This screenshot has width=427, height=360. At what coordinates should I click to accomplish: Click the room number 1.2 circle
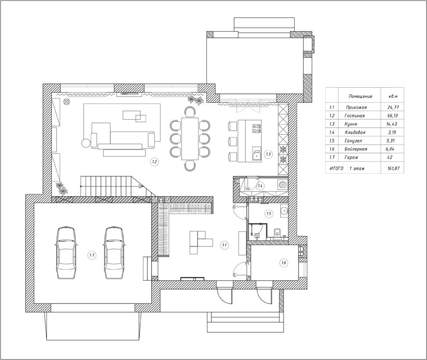click(154, 162)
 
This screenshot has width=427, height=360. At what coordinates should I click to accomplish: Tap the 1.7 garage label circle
click(92, 255)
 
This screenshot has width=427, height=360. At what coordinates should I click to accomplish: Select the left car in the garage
click(66, 253)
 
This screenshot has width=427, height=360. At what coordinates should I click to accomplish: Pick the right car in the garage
click(114, 253)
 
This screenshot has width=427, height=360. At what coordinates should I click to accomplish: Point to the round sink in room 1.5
click(284, 210)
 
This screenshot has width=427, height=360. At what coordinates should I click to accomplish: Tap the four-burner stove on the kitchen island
click(256, 128)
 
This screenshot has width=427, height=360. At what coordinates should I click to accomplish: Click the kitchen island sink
click(256, 154)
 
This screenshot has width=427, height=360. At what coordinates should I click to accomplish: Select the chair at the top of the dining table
click(190, 112)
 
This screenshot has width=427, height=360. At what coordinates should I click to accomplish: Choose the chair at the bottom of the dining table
click(190, 166)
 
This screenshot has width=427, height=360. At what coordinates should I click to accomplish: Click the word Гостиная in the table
click(354, 116)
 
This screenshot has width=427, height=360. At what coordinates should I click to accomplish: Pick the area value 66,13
click(392, 116)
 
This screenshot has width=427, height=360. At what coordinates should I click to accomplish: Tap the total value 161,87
click(394, 168)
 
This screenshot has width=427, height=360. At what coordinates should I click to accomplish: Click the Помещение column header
click(360, 96)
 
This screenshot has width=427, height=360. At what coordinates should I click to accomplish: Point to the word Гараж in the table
click(351, 157)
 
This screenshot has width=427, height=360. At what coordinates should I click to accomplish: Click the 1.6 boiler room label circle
click(284, 263)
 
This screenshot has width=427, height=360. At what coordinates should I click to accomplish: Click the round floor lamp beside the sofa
click(85, 143)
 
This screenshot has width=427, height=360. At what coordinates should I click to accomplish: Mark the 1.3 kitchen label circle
click(268, 154)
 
